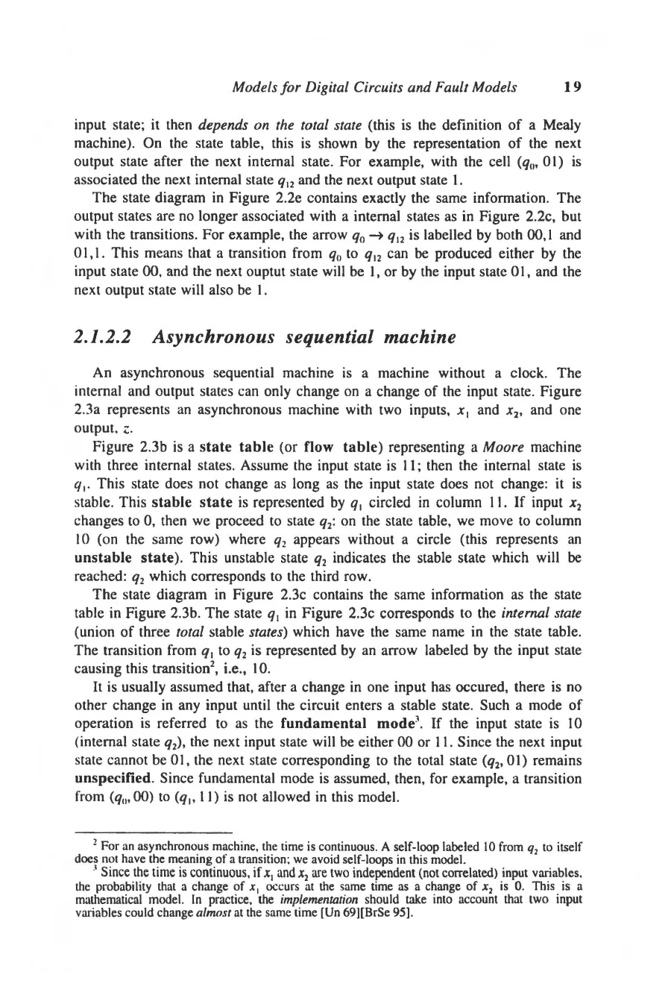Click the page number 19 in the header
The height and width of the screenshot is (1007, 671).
pos(572,87)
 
